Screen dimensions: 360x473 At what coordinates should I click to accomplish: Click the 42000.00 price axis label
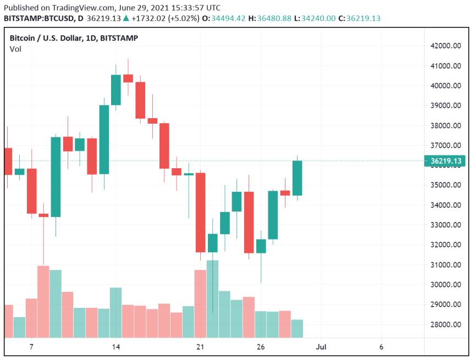[446, 46]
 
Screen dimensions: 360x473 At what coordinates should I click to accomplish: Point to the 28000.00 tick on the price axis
[446, 325]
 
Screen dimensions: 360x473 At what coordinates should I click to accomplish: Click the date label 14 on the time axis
[116, 347]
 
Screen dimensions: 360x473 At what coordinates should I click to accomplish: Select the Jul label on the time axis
[321, 347]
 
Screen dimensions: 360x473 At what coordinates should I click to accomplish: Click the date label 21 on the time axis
[200, 347]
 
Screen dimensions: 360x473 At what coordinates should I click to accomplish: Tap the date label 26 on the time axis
[261, 347]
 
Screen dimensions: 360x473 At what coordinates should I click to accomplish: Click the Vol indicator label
[15, 49]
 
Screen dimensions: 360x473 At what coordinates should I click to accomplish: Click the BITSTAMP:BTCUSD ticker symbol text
[39, 18]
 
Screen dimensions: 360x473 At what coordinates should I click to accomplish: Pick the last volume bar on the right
[297, 328]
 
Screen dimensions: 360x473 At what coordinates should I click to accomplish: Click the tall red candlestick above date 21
[200, 212]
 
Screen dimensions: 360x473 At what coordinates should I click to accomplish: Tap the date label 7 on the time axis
[31, 347]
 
